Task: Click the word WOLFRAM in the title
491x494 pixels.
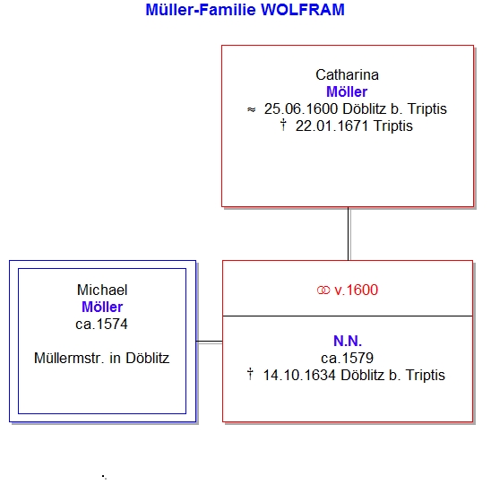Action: (303, 10)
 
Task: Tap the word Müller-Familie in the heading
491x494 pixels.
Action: (201, 10)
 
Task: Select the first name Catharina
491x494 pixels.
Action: (347, 75)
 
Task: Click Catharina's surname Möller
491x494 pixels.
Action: (347, 92)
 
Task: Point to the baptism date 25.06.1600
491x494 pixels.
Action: (301, 109)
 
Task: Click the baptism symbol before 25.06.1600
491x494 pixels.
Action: (252, 109)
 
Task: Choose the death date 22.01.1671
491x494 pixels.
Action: (332, 126)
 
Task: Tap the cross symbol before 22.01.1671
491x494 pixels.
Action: (283, 125)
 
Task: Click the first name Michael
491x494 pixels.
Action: (102, 290)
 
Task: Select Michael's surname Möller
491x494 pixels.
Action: (102, 307)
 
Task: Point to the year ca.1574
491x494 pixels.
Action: (102, 324)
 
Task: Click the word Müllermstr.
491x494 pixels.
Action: (69, 358)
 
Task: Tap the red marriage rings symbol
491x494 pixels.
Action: (323, 290)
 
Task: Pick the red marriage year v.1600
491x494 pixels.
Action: (356, 290)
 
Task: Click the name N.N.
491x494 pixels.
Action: (348, 341)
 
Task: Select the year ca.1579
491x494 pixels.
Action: (347, 358)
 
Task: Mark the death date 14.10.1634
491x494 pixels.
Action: (299, 375)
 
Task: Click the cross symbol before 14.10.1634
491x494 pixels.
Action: (250, 374)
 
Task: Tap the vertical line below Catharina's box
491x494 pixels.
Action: (349, 234)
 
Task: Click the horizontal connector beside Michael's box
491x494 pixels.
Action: (210, 342)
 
